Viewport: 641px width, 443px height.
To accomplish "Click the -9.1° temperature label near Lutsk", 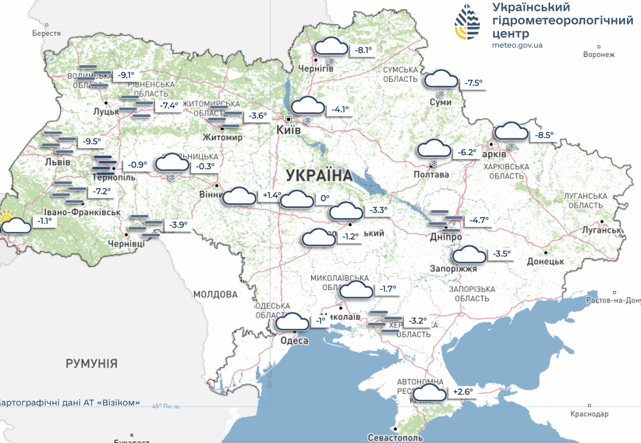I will coord(126,75).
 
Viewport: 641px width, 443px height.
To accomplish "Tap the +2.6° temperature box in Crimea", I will coord(463,392).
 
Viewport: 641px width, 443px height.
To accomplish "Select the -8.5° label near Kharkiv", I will coord(544,136).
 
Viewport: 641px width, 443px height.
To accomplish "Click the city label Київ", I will coord(288,130).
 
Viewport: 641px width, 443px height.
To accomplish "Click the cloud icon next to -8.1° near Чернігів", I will coord(331,47).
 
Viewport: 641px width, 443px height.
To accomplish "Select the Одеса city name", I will coord(294,340).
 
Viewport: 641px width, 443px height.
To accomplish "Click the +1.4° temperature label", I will coord(271,196).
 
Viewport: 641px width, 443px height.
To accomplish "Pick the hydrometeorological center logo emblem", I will coord(467,21).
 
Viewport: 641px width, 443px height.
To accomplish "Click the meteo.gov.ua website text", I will coord(518,45).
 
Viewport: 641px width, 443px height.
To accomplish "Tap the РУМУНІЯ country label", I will coord(92,363).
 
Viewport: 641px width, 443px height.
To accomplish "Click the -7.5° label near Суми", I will coord(473,83).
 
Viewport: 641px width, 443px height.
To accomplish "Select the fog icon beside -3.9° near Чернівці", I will coord(146,225).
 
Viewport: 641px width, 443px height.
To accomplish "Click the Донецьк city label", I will coord(545,261).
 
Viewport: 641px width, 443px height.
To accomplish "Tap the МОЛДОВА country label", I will coord(215,294).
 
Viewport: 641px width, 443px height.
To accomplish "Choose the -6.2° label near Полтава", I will coord(467,153).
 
